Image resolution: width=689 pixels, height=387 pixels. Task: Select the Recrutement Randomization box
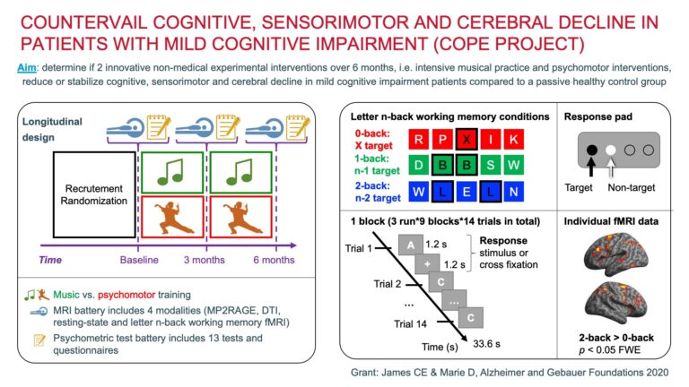[x=94, y=198]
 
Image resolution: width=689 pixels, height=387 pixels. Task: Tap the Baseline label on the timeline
[x=140, y=261]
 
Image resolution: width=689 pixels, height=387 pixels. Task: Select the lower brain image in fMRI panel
[x=617, y=306]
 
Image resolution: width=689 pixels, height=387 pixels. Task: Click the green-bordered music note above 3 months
[x=240, y=173]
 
